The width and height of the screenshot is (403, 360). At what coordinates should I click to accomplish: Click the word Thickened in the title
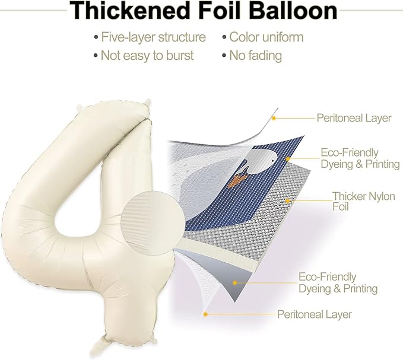click(129, 11)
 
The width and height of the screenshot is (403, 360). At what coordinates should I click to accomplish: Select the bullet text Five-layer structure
click(153, 37)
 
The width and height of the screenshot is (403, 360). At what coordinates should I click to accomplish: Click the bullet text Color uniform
click(266, 37)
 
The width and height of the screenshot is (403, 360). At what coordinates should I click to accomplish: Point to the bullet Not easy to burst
click(147, 56)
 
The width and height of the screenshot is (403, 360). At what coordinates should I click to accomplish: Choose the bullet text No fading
click(255, 56)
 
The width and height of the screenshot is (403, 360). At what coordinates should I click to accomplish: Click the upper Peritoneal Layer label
click(354, 118)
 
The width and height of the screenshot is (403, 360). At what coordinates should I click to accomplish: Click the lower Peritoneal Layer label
click(315, 314)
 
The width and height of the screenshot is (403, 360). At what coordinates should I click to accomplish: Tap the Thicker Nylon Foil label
click(364, 201)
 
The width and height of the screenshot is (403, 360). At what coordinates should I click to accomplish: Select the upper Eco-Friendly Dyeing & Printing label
click(360, 158)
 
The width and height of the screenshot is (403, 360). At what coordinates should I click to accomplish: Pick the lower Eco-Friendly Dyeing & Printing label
click(338, 283)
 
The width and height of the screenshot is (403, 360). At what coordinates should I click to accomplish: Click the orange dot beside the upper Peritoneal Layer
click(274, 119)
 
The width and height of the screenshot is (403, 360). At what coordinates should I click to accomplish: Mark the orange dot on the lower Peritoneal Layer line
click(205, 314)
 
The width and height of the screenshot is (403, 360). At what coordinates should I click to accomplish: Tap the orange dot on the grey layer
click(234, 283)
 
